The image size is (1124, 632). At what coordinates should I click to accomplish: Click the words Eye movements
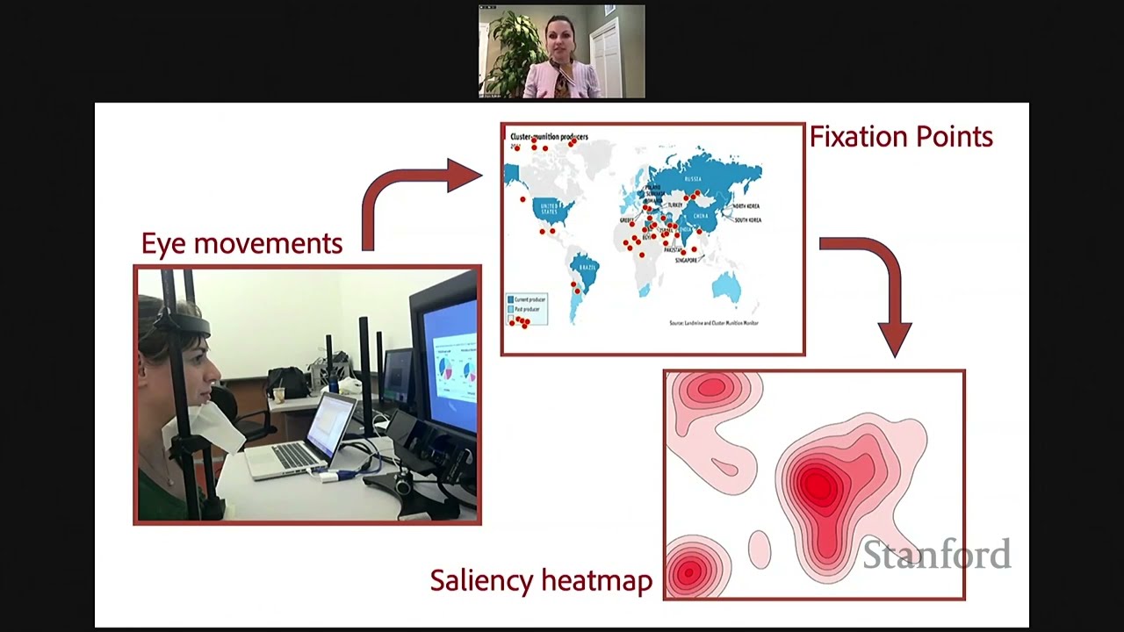tap(241, 243)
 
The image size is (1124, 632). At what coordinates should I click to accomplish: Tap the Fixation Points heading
tap(901, 137)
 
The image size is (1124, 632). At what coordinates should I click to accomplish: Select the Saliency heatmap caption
tap(541, 580)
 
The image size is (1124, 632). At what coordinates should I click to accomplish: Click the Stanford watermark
tap(936, 555)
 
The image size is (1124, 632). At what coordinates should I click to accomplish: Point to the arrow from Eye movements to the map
tap(413, 193)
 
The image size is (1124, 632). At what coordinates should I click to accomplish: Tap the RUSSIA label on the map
tap(692, 178)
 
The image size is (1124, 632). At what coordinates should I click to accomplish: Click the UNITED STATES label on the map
tap(549, 209)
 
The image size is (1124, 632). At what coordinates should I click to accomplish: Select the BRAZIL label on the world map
tap(586, 267)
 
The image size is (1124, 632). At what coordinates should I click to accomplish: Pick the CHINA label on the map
tap(701, 215)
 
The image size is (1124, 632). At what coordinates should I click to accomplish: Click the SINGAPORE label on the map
tap(687, 260)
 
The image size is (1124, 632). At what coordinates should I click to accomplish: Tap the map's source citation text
tap(713, 323)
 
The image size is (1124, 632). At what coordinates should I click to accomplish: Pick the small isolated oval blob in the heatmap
tap(759, 549)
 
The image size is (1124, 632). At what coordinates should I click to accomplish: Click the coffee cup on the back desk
tap(278, 395)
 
